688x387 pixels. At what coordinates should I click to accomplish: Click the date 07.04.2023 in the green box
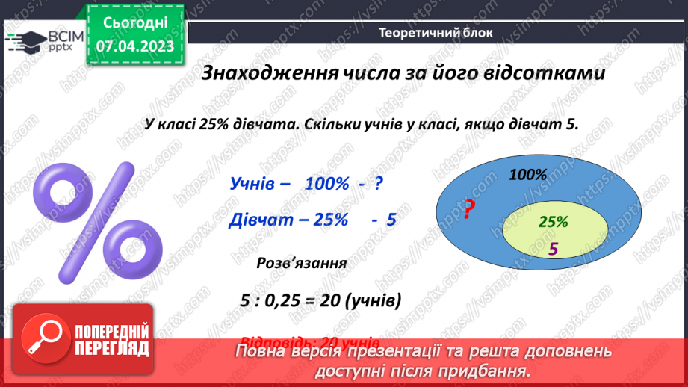[134, 46]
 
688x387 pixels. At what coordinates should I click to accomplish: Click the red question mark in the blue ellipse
[468, 211]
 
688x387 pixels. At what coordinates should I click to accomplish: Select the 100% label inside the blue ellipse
[528, 175]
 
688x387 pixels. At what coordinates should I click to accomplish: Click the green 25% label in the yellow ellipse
[554, 222]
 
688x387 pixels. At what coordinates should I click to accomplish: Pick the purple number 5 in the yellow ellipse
[553, 250]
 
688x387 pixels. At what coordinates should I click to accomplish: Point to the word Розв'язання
[301, 263]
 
